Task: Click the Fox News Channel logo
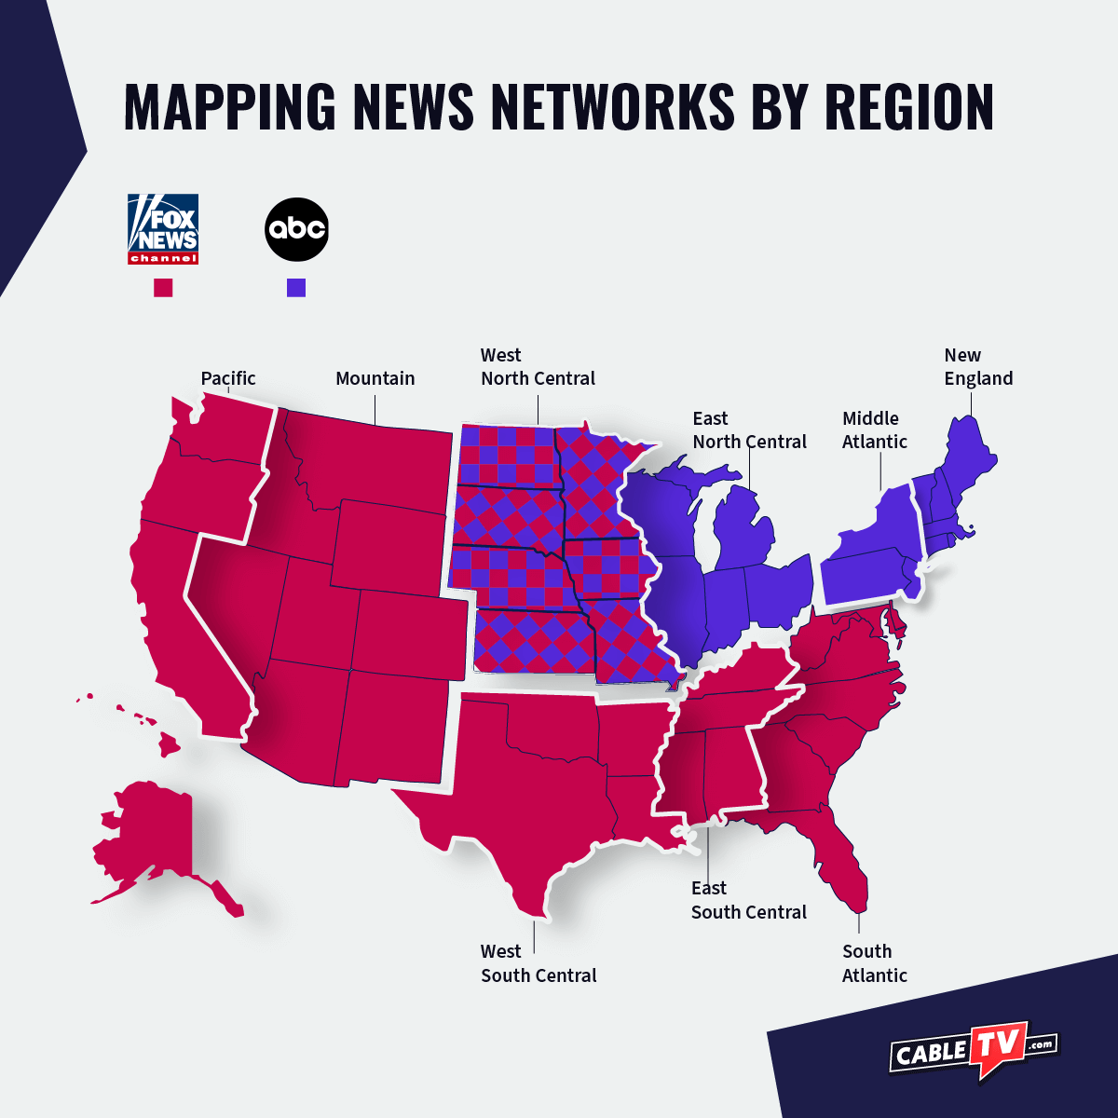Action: click(x=163, y=229)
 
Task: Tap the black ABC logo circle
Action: click(x=297, y=229)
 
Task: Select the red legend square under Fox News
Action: click(x=163, y=288)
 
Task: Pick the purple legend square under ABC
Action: click(x=296, y=288)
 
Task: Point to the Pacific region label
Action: click(x=228, y=378)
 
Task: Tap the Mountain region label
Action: click(x=375, y=378)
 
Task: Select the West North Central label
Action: click(x=538, y=367)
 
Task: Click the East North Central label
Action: click(x=749, y=430)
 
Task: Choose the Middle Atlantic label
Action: click(x=874, y=430)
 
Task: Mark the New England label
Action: click(x=977, y=367)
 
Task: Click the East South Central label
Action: click(x=748, y=900)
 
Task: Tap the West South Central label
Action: click(x=539, y=963)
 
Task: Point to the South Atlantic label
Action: click(x=874, y=963)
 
